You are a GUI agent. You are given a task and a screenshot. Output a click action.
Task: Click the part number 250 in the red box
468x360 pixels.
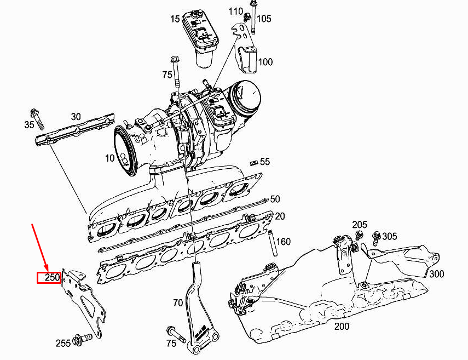point(52,278)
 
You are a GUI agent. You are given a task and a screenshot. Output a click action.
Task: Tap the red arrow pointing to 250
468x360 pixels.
point(40,247)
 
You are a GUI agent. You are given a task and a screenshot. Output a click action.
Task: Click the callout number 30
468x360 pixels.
point(76,117)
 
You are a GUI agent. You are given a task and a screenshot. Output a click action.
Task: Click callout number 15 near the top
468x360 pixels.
point(175,19)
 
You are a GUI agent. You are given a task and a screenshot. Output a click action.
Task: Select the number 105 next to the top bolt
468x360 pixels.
point(264,19)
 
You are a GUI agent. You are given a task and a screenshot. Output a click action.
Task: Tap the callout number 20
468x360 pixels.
point(280,216)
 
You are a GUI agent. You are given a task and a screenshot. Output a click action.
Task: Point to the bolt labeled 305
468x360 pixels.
point(376,237)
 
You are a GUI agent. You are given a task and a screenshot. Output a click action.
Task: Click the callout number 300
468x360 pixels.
point(436,274)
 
